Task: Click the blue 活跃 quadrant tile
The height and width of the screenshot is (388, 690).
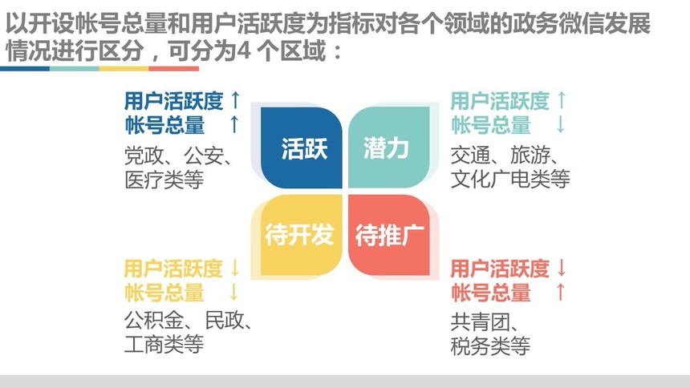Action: (x=302, y=148)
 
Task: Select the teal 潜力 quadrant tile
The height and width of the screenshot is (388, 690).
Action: (x=389, y=148)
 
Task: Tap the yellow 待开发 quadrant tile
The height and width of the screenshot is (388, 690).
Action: (x=302, y=235)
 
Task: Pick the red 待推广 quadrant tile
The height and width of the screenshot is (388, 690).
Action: (x=389, y=235)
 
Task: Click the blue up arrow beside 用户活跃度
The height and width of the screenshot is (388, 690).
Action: (x=235, y=100)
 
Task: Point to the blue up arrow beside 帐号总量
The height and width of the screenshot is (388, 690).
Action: (x=234, y=123)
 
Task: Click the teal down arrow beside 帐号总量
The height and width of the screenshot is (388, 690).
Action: (x=561, y=123)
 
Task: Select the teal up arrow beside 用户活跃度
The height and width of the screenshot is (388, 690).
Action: (x=562, y=100)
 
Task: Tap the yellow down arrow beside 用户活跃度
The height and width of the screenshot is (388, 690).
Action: (x=235, y=268)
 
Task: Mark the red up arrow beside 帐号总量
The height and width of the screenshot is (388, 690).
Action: (x=561, y=292)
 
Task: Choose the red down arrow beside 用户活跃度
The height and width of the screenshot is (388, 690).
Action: (x=562, y=268)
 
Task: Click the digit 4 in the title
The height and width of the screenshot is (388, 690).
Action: (x=244, y=51)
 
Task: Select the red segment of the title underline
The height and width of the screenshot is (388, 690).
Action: (x=174, y=69)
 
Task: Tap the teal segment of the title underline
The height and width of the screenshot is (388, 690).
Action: (x=75, y=69)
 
